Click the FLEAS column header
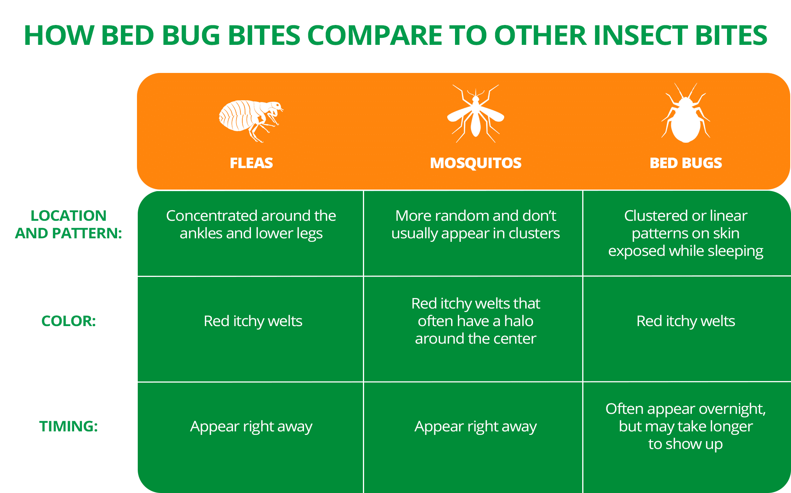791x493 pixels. point(251,163)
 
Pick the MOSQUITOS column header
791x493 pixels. point(475,163)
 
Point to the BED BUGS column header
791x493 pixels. point(686,163)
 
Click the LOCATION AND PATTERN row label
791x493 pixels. point(69,224)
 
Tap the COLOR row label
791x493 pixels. point(69,321)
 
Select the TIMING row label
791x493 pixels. point(69,426)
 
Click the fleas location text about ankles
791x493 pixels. point(251,224)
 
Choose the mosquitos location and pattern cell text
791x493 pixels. point(475,224)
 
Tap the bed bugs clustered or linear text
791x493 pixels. point(686,233)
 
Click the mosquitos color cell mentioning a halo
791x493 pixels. point(475,321)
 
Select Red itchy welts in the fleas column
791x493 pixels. point(253,321)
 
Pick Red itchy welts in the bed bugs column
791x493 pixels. point(686,321)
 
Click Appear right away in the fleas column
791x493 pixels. point(251,426)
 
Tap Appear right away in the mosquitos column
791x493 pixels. point(475,426)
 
